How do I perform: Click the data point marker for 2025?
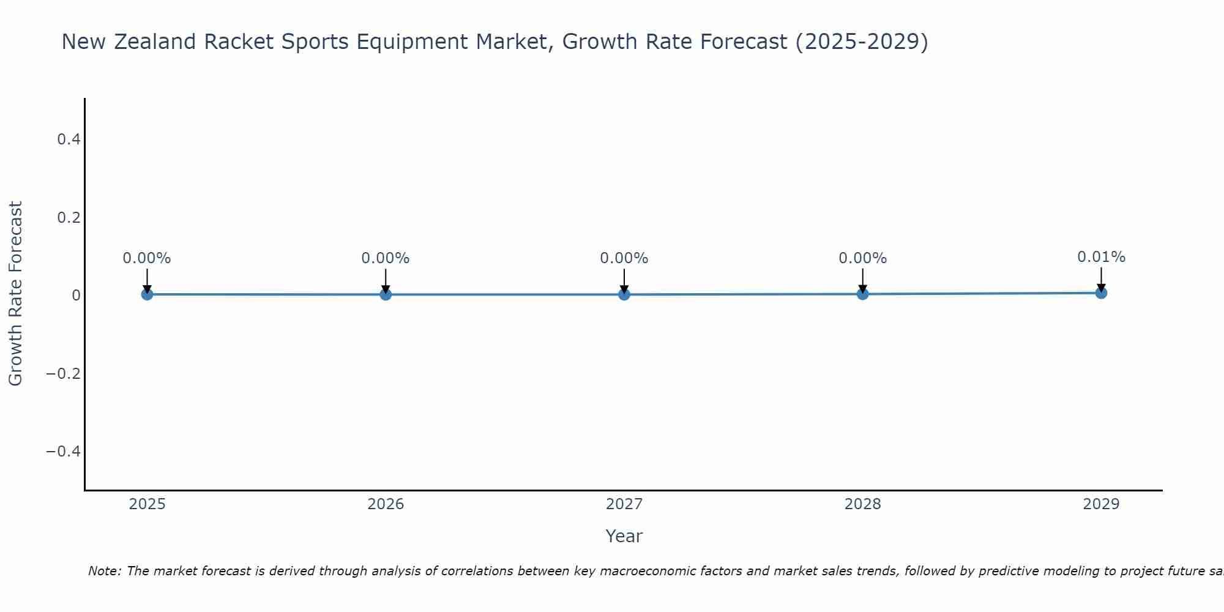pyautogui.click(x=147, y=294)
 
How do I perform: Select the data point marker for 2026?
pyautogui.click(x=386, y=294)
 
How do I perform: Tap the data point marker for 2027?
pyautogui.click(x=624, y=294)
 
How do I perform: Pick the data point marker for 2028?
pyautogui.click(x=862, y=294)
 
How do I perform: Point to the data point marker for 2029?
pyautogui.click(x=1101, y=293)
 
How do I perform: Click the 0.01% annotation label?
pyautogui.click(x=1101, y=257)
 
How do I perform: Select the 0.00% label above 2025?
pyautogui.click(x=147, y=258)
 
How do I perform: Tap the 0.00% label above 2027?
pyautogui.click(x=624, y=258)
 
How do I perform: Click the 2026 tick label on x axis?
pyautogui.click(x=386, y=504)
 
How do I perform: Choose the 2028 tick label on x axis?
pyautogui.click(x=862, y=504)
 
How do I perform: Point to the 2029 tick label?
pyautogui.click(x=1101, y=504)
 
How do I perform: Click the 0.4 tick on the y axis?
pyautogui.click(x=69, y=140)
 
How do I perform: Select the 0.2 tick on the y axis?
pyautogui.click(x=69, y=217)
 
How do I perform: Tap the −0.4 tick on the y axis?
pyautogui.click(x=64, y=451)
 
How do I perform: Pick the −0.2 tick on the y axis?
pyautogui.click(x=64, y=373)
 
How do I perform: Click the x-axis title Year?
pyautogui.click(x=624, y=536)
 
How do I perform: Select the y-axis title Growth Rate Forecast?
pyautogui.click(x=15, y=294)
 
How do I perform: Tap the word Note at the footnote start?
pyautogui.click(x=104, y=571)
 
